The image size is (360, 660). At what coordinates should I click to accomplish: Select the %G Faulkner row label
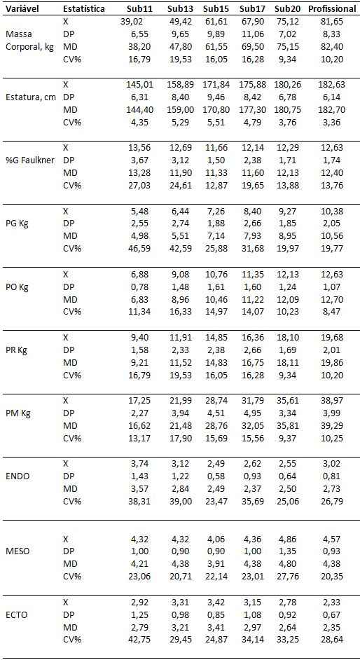(30, 160)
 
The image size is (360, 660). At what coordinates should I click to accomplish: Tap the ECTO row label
(16, 615)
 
